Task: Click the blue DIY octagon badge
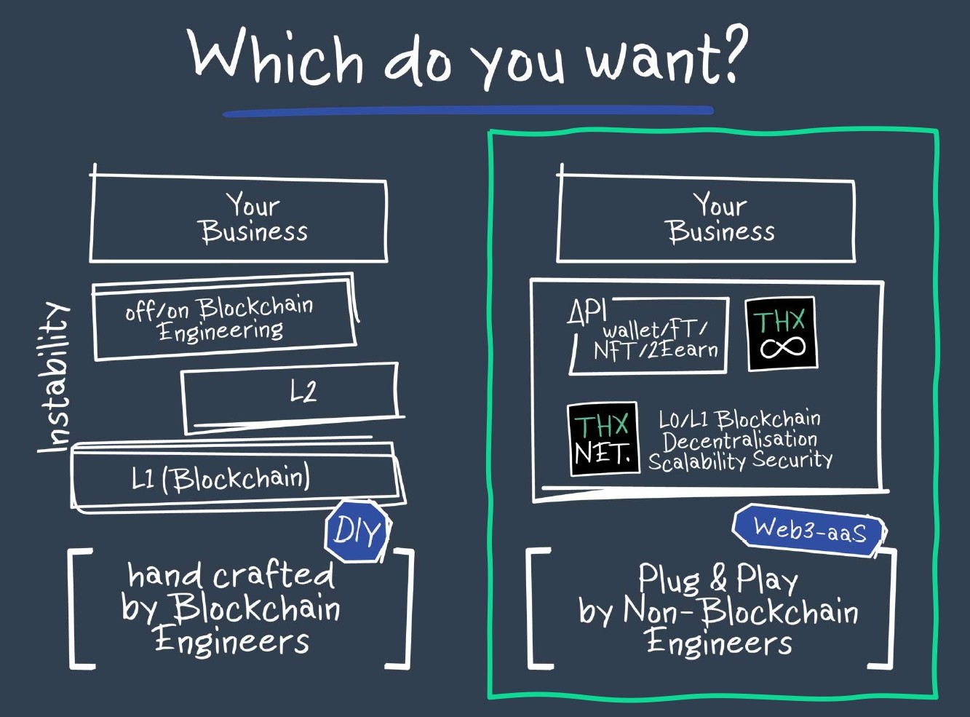tap(357, 531)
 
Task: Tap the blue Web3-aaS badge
tap(810, 530)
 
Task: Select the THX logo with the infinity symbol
tap(782, 335)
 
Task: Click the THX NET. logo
tap(603, 440)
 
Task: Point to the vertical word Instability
tap(55, 377)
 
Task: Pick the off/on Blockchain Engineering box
tap(222, 319)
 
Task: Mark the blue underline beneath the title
tap(467, 111)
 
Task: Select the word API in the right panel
tap(587, 312)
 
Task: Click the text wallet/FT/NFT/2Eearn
tap(655, 340)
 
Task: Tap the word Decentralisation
tap(739, 440)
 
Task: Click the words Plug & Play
tap(717, 579)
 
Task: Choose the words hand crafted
tap(231, 575)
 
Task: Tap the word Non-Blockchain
tap(741, 611)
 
